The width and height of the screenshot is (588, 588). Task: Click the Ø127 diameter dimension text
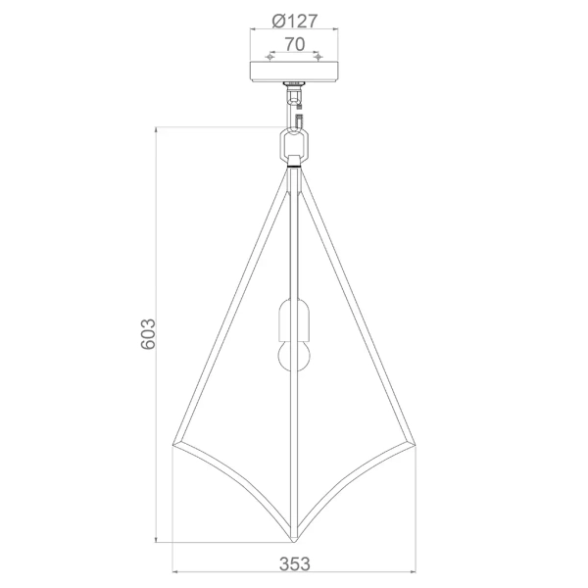coord(293,19)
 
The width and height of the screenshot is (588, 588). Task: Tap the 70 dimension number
coord(293,44)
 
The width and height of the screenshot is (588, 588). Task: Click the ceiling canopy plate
coord(294,72)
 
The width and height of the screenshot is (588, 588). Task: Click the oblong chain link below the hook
coord(294,144)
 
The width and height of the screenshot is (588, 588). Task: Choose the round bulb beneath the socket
coord(294,355)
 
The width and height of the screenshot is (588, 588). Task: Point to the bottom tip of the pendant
coord(294,542)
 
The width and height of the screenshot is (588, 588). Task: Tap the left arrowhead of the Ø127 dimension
coord(253,30)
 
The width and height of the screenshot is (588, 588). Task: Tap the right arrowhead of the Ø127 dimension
coord(335,30)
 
